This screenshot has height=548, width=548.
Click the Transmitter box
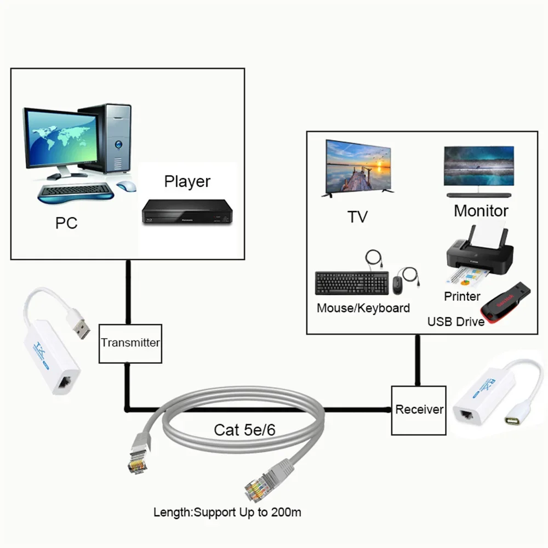[x=130, y=343]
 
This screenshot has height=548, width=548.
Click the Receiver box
[x=419, y=409]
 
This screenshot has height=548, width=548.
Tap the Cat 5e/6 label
[x=244, y=430]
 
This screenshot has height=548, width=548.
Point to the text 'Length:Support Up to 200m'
[x=227, y=512]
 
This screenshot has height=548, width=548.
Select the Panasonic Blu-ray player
[x=187, y=212]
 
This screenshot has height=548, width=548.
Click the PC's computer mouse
[x=127, y=186]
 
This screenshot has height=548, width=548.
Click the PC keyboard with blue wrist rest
[x=76, y=192]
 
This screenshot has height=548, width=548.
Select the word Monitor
[x=481, y=211]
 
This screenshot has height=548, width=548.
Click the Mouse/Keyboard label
[x=363, y=308]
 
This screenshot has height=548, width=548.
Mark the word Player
[x=187, y=181]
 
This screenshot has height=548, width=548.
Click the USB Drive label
[x=455, y=322]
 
